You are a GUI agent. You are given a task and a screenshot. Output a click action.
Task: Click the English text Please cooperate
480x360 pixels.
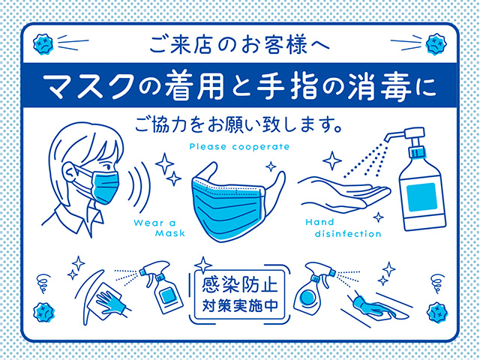pyautogui.click(x=239, y=146)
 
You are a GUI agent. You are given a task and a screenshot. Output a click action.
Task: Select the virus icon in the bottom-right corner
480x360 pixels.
pyautogui.click(x=437, y=308)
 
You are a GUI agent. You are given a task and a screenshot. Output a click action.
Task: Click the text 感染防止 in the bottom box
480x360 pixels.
pyautogui.click(x=239, y=286)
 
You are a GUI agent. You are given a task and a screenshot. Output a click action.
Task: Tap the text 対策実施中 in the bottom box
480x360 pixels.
pyautogui.click(x=239, y=306)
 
